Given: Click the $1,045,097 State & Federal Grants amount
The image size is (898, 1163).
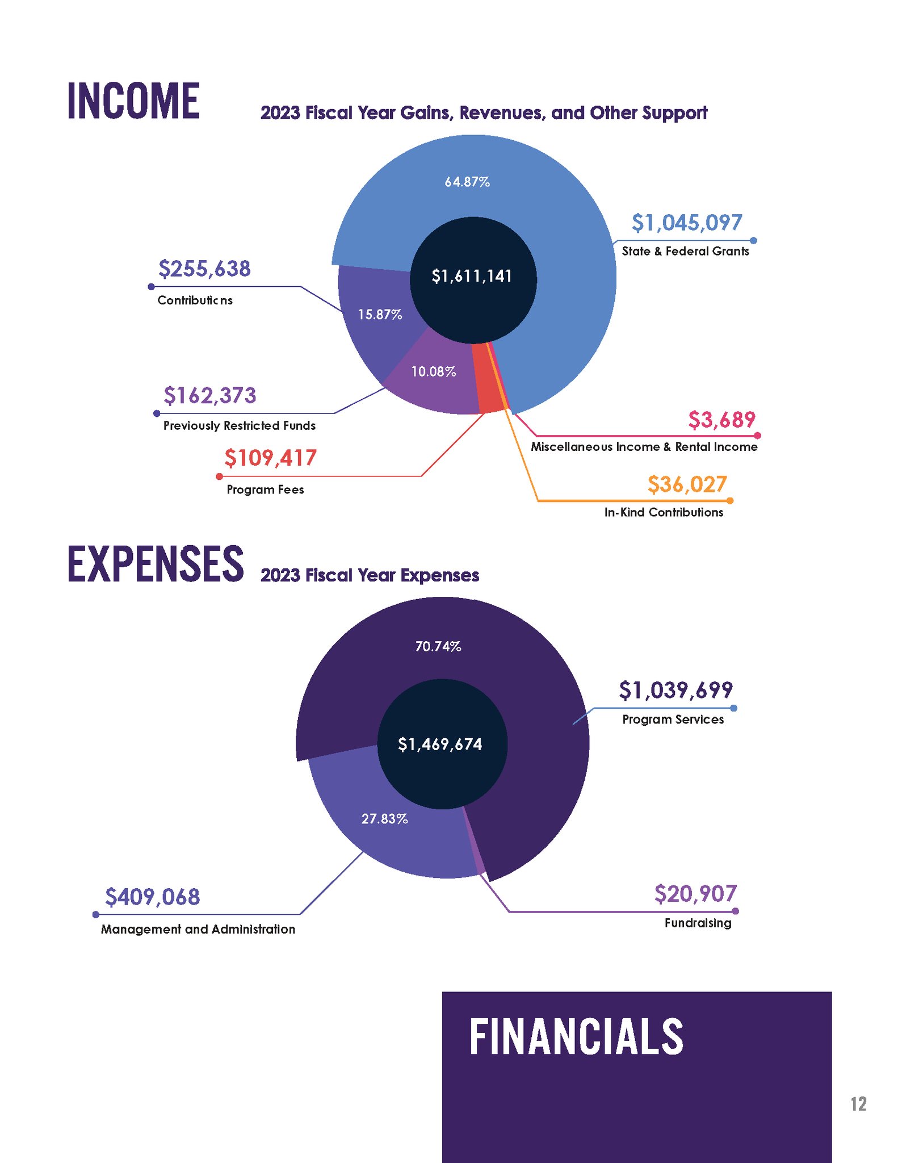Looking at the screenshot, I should [687, 223].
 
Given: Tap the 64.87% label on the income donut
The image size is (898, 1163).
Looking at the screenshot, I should [467, 182].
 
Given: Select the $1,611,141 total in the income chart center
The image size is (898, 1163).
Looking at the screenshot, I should [472, 276].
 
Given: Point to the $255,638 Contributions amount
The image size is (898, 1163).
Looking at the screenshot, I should [204, 269].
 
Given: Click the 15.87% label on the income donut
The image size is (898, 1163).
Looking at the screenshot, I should [380, 314].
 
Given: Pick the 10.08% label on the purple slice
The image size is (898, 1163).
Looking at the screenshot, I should [434, 371].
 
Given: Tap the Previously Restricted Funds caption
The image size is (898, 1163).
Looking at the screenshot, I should [239, 425].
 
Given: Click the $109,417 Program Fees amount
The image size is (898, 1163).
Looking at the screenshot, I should [270, 458].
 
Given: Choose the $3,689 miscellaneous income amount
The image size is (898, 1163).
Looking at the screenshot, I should [721, 420].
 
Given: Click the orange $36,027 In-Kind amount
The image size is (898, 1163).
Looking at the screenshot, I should [687, 484].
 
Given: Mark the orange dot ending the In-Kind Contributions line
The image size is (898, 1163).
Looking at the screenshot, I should [730, 501].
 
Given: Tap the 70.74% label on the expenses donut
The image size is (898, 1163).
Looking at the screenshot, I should [438, 646].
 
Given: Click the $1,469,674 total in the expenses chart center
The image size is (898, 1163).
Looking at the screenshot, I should [440, 744].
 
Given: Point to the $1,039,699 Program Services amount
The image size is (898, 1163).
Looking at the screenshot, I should [675, 690].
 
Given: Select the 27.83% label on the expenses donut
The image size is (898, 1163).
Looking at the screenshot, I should [384, 818].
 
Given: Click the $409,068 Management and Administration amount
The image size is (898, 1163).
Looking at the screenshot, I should [153, 897].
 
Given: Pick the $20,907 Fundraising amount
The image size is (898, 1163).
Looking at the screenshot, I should [695, 893].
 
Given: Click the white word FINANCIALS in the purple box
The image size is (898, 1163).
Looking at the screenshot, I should [576, 1036].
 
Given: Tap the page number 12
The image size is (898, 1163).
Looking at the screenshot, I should [858, 1103].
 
